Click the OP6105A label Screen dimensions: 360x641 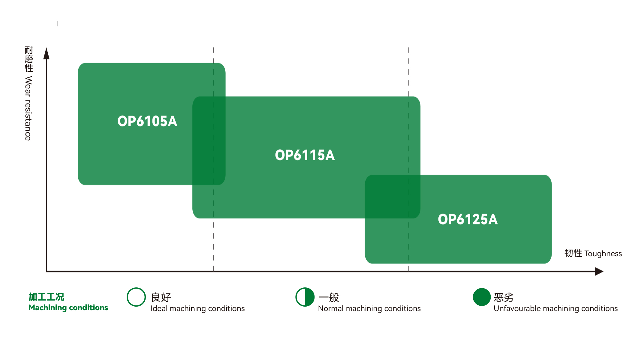point(147,121)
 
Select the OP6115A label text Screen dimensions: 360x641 point(305,155)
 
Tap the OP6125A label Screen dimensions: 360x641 point(468,219)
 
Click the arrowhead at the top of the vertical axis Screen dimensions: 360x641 point(46,54)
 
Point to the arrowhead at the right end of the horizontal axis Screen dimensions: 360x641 point(599,271)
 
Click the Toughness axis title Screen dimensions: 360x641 point(593,253)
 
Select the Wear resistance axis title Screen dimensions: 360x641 point(29,93)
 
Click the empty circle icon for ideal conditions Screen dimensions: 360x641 point(136,297)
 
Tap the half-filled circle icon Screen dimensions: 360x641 point(305,297)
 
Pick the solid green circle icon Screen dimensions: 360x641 point(482,297)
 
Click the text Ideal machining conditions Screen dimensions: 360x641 point(197,308)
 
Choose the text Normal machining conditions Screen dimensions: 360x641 point(369,308)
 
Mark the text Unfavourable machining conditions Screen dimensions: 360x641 point(555,308)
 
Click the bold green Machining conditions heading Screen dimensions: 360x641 point(68,307)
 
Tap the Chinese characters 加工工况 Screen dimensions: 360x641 point(46,297)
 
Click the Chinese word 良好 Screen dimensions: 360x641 point(161,297)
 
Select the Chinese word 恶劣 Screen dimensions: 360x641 point(504,297)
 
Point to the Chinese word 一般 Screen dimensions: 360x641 point(329,297)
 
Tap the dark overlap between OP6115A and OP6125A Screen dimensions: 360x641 point(393,196)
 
